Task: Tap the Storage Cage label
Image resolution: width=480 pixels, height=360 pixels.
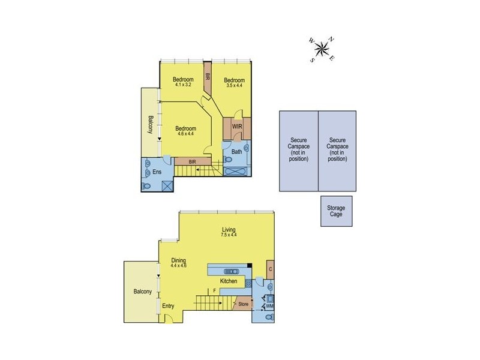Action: (336, 211)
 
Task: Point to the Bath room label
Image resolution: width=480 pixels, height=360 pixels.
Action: (237, 152)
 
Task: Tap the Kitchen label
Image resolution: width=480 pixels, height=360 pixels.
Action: (229, 281)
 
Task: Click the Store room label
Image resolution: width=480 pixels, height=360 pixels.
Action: (243, 304)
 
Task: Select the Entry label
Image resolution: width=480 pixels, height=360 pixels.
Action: (169, 306)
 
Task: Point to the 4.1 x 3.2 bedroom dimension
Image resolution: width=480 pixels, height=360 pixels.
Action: (184, 85)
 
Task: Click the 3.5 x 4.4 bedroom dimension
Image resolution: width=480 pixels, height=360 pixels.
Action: (234, 85)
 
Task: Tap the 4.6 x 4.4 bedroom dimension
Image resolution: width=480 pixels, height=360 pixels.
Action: (186, 134)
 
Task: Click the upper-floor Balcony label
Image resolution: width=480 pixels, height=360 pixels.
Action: (151, 125)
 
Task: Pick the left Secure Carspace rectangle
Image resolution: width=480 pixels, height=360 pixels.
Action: (298, 150)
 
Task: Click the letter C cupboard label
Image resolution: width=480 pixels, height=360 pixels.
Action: (271, 269)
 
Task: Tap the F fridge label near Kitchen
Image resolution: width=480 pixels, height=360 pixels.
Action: (214, 291)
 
